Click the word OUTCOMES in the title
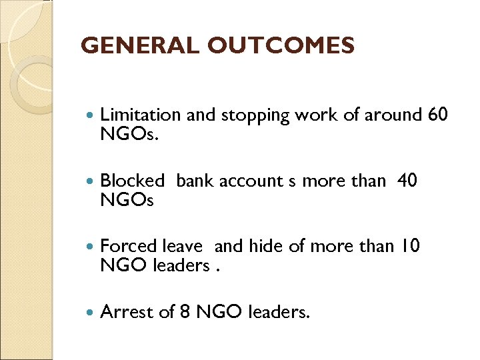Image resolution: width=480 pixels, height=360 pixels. point(281,46)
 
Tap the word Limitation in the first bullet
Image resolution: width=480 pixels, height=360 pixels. point(140,115)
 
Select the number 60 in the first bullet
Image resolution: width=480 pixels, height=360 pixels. point(437,115)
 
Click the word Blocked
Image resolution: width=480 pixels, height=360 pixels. point(132,181)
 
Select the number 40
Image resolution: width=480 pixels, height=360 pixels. point(407,180)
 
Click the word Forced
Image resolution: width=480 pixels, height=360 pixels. point(129,246)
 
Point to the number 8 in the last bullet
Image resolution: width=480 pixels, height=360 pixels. point(185,311)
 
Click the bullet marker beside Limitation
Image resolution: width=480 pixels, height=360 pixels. point(91,115)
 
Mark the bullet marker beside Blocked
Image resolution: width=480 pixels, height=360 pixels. point(91,181)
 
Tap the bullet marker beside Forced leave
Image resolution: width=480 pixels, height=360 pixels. point(91,246)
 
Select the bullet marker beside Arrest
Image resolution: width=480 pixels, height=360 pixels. point(91,311)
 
